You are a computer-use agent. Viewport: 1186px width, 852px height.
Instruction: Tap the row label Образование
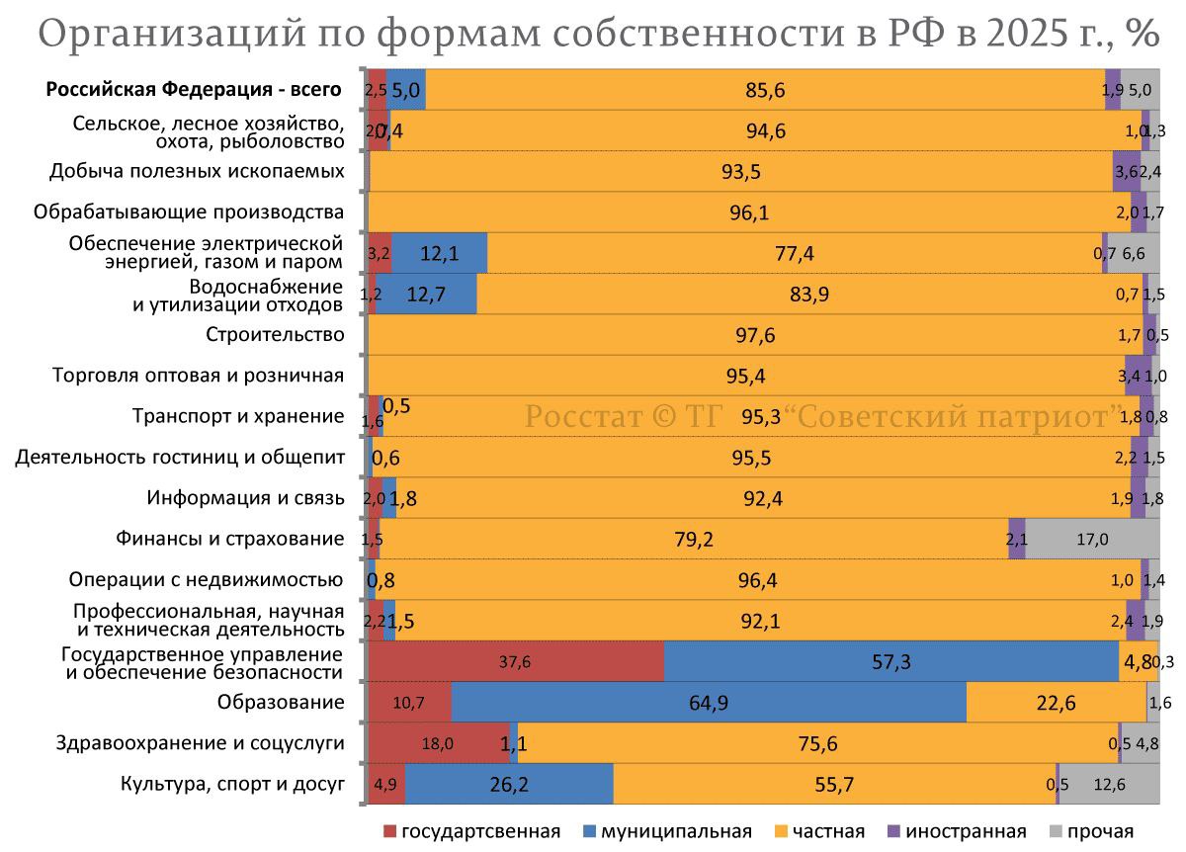(281, 703)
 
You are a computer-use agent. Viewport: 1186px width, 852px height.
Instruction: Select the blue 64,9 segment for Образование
(709, 703)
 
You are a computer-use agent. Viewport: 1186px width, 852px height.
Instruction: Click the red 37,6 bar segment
(515, 661)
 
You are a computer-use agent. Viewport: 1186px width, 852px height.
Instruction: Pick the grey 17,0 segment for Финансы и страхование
(1091, 539)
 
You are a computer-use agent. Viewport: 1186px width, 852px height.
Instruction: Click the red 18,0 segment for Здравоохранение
(438, 743)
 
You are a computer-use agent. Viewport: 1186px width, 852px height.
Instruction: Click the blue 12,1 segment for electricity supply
(440, 253)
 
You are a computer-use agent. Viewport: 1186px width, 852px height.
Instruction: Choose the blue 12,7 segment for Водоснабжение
(426, 294)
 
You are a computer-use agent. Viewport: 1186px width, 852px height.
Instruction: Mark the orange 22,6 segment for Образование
(1056, 703)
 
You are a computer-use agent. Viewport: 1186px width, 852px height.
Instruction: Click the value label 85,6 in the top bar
(765, 90)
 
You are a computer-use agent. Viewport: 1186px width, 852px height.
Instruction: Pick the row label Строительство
(275, 334)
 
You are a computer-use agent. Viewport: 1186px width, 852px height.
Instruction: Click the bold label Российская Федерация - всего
(194, 89)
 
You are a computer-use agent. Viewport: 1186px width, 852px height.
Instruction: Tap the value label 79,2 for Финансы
(694, 539)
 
